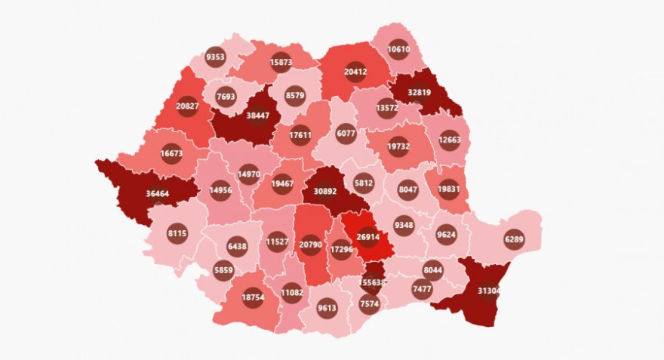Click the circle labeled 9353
click(x=215, y=57)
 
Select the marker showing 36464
click(x=158, y=194)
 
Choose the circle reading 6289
click(x=514, y=240)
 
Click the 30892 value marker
click(x=324, y=191)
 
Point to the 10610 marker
click(x=400, y=50)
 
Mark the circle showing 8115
click(x=177, y=234)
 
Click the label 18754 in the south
click(x=253, y=298)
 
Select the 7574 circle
click(x=370, y=303)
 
